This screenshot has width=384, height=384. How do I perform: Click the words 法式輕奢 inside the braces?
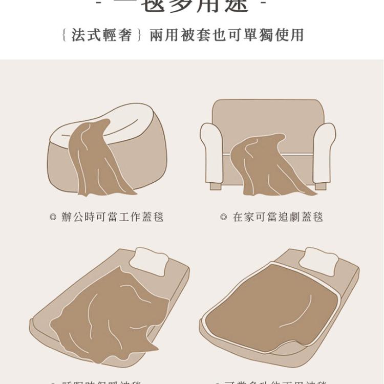(102, 35)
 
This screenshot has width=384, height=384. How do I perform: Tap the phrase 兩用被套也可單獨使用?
(227, 35)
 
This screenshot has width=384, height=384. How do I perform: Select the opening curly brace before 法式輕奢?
(63, 35)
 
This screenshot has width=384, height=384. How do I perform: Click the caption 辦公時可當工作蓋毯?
(112, 217)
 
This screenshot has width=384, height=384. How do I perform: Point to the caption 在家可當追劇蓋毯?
(278, 217)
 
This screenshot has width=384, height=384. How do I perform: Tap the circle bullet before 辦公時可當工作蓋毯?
(52, 217)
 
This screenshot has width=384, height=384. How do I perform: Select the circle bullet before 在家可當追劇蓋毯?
(223, 217)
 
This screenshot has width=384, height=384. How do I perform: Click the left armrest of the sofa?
(211, 151)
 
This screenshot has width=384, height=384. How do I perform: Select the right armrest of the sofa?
(324, 151)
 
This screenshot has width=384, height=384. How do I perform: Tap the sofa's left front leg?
(216, 186)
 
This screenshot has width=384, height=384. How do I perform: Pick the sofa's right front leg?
(321, 186)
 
